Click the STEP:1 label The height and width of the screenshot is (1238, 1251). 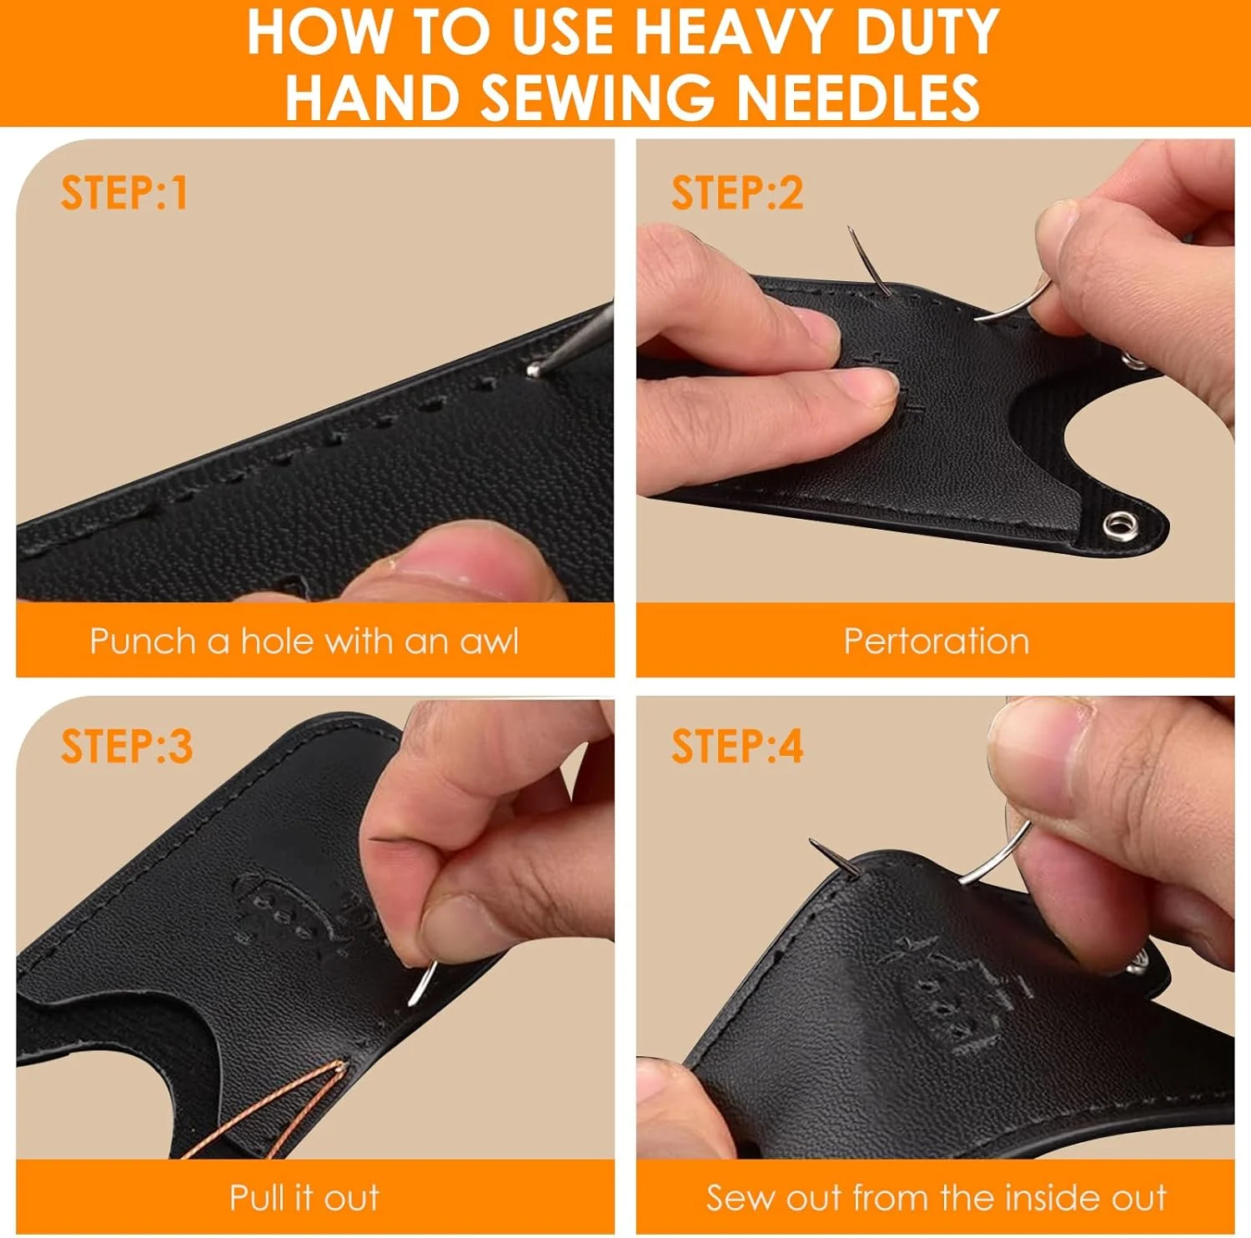[x=124, y=193]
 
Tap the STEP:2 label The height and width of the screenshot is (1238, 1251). [x=737, y=193]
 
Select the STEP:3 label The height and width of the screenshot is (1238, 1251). [x=127, y=746]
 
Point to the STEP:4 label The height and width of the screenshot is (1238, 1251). [x=737, y=746]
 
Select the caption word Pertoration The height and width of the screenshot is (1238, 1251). [x=937, y=641]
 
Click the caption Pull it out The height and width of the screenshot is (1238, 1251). [x=304, y=1197]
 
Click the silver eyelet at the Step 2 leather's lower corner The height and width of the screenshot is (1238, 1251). [x=1119, y=526]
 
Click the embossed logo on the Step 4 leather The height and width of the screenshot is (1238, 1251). [x=959, y=993]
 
